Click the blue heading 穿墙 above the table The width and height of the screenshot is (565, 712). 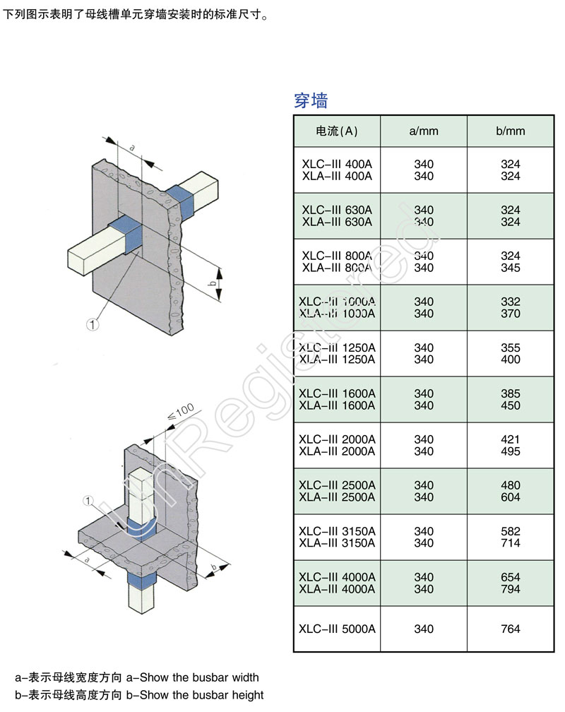(311, 100)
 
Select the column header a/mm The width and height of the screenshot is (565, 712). (424, 131)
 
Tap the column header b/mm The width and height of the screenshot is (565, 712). (510, 131)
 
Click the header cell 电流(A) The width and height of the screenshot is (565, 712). (337, 131)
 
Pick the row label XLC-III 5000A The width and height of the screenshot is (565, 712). (337, 629)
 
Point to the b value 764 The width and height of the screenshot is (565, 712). (510, 629)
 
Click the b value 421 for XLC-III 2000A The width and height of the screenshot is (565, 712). (510, 439)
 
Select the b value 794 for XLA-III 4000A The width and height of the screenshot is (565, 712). (510, 589)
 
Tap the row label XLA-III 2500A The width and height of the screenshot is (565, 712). (337, 497)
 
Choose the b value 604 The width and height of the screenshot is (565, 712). (510, 497)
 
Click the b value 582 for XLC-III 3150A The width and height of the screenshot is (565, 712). (510, 531)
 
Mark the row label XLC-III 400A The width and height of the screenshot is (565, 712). (337, 164)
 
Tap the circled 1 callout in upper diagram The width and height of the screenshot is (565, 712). (91, 324)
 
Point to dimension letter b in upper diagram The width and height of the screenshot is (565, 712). (212, 284)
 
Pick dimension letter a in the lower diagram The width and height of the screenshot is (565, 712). (86, 559)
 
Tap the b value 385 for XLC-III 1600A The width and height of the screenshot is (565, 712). (510, 393)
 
